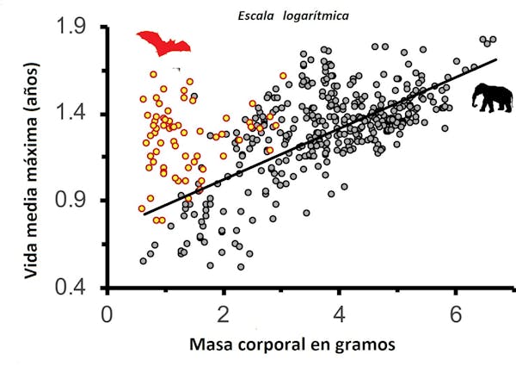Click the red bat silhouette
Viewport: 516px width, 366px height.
163,42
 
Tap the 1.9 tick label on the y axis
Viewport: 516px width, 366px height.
73,28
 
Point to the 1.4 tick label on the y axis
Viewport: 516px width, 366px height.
73,114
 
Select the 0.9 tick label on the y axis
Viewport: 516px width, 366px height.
73,201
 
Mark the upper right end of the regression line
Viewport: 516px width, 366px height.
497,59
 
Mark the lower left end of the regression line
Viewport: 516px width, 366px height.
144,214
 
